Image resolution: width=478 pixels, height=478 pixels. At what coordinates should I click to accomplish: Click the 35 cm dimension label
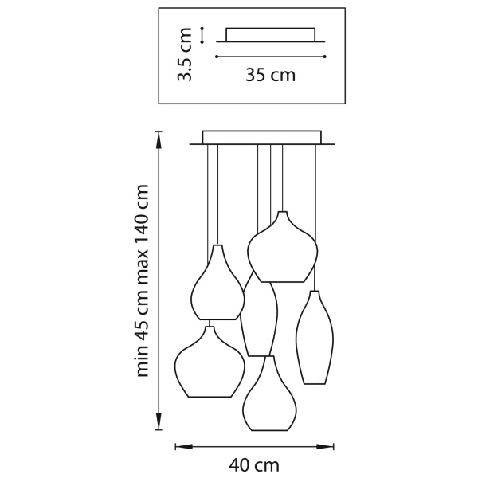(x=270, y=76)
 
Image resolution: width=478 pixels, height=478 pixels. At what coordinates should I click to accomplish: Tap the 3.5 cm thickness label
(x=186, y=56)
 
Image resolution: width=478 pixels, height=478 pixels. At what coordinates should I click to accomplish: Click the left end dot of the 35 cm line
(x=217, y=57)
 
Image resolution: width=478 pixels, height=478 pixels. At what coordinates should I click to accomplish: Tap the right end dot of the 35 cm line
(x=325, y=57)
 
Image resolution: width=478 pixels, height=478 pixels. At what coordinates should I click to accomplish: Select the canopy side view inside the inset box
(x=270, y=36)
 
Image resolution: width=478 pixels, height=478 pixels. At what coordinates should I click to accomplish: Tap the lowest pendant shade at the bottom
(x=271, y=398)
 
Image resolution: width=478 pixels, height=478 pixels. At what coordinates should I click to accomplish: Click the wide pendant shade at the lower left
(x=210, y=362)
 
